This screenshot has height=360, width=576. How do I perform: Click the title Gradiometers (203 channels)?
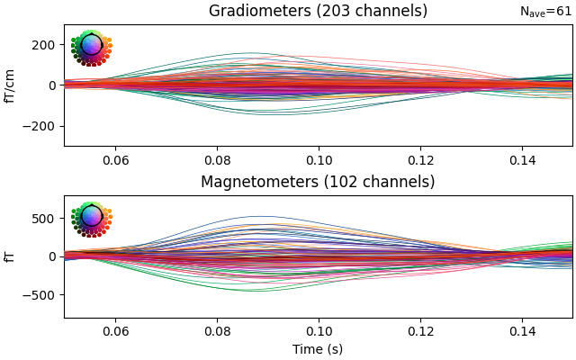[318, 12]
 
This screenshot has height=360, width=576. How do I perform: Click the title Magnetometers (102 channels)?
[318, 183]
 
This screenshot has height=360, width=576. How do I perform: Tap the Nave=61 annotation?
[545, 12]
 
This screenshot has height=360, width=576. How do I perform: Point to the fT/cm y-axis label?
[11, 85]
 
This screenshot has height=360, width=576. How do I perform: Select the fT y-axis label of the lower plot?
[11, 256]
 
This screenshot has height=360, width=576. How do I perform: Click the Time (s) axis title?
[318, 349]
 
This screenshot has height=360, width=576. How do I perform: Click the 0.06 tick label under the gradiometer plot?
[114, 159]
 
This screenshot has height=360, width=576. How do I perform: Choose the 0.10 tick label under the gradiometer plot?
[318, 159]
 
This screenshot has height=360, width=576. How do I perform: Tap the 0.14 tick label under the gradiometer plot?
[521, 159]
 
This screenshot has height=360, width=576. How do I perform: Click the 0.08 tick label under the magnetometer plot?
[216, 330]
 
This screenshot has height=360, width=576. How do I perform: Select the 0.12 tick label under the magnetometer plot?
[419, 330]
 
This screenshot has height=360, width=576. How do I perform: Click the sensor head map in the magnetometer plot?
[91, 218]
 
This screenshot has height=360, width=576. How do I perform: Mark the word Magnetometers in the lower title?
[260, 183]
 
